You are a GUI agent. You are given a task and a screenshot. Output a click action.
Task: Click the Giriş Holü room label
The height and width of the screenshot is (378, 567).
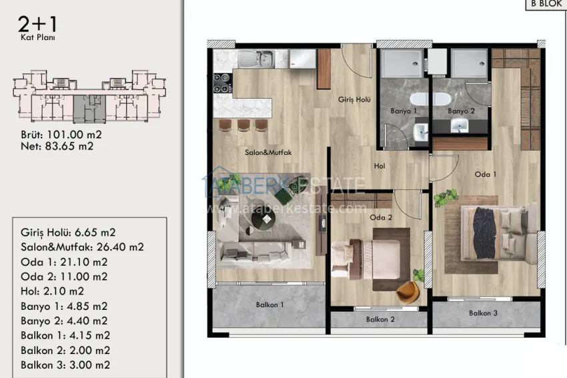(353, 100)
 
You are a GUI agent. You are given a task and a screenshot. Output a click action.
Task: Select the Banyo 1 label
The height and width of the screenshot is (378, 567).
(404, 111)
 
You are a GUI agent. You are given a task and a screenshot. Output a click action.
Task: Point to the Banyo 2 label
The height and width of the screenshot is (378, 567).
(461, 111)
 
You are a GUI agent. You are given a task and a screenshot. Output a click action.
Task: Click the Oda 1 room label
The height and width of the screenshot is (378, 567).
(486, 174)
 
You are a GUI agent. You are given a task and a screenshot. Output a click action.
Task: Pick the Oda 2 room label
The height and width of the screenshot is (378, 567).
(380, 216)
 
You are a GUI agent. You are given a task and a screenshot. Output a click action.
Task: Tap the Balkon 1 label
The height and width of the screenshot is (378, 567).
(270, 305)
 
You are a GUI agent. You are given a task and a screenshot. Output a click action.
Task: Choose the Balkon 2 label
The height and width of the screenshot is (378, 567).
(380, 319)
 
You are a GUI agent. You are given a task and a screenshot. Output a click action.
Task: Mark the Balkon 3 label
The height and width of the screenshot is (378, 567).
(484, 313)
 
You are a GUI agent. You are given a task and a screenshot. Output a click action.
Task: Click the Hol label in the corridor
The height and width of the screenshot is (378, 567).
(380, 166)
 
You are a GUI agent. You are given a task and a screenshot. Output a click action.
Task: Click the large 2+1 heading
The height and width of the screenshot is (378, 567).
(38, 25)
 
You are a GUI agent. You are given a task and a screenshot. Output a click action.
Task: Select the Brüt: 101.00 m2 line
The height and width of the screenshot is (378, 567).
(61, 134)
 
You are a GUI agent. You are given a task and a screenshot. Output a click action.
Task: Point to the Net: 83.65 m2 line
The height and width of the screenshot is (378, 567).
(57, 146)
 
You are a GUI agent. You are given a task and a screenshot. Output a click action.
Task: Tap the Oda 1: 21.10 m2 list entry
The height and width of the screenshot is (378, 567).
(64, 262)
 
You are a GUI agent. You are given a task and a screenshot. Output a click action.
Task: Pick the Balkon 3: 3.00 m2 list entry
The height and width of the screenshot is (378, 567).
(65, 365)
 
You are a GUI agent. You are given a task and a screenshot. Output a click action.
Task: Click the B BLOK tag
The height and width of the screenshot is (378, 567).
(546, 3)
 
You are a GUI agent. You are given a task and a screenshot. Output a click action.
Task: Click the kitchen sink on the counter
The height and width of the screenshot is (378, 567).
(257, 59)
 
